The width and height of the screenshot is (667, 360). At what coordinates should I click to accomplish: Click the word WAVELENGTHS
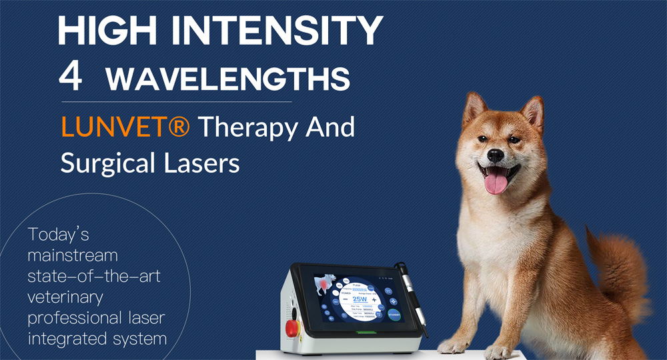(227, 79)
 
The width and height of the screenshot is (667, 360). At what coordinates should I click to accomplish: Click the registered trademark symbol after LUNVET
(177, 126)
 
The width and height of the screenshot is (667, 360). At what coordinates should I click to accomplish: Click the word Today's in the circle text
(58, 235)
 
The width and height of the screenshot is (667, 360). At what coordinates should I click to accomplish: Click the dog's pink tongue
(496, 181)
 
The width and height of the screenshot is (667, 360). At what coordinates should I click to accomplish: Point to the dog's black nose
(495, 155)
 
